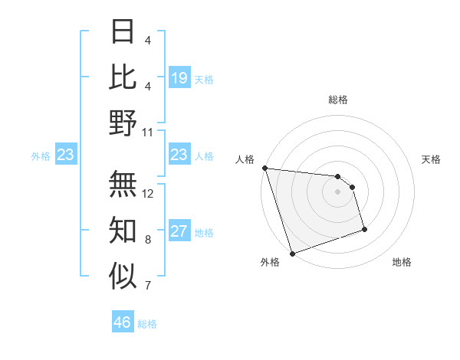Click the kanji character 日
click(x=123, y=33)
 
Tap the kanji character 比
click(x=123, y=77)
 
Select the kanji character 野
click(x=123, y=123)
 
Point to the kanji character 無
click(x=123, y=183)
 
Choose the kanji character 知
click(x=123, y=229)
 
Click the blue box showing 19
click(x=179, y=78)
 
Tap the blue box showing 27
click(x=179, y=231)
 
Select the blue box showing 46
click(x=123, y=322)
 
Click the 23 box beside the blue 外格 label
click(x=66, y=155)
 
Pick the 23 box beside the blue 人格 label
click(x=179, y=155)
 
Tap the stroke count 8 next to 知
click(x=148, y=240)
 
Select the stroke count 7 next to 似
click(x=148, y=286)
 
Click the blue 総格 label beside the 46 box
click(x=147, y=324)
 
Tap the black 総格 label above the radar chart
click(x=337, y=100)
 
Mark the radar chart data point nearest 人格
click(x=264, y=168)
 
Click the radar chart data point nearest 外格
click(x=292, y=254)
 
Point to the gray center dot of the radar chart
click(x=337, y=191)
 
